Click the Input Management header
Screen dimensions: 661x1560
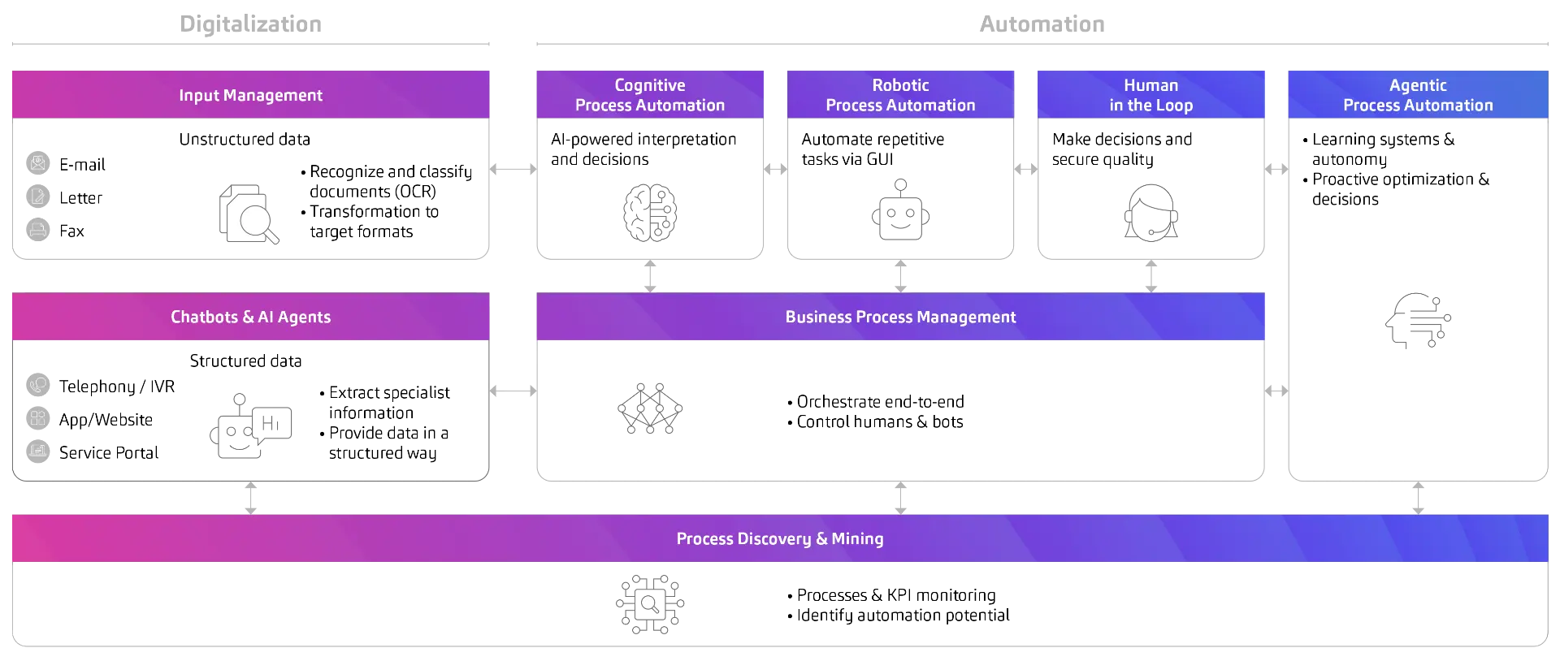pyautogui.click(x=250, y=95)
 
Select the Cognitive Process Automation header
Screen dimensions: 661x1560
pyautogui.click(x=649, y=95)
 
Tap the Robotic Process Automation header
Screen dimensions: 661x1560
pyautogui.click(x=900, y=95)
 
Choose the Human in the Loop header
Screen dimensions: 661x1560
pyautogui.click(x=1150, y=95)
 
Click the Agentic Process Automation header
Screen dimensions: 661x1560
pyautogui.click(x=1418, y=95)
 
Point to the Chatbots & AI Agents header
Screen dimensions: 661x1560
pyautogui.click(x=250, y=317)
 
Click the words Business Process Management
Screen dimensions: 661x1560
pyautogui.click(x=900, y=317)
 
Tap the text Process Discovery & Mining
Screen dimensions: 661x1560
pyautogui.click(x=779, y=538)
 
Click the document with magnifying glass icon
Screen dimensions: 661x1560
pyautogui.click(x=249, y=216)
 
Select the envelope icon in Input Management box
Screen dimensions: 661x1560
pyautogui.click(x=38, y=162)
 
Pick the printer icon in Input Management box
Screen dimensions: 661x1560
pyautogui.click(x=38, y=229)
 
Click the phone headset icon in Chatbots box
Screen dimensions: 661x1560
pyautogui.click(x=38, y=383)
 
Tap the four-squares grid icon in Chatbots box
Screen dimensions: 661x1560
pyautogui.click(x=38, y=417)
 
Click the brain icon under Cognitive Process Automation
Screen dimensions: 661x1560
pyautogui.click(x=649, y=213)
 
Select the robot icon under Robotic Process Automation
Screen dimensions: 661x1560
pyautogui.click(x=899, y=210)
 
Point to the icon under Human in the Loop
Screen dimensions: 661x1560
pyautogui.click(x=1152, y=214)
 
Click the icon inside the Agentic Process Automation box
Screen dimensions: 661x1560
pyautogui.click(x=1419, y=322)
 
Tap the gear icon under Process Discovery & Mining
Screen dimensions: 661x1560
pyautogui.click(x=649, y=603)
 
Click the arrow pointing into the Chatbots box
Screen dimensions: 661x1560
pyautogui.click(x=497, y=393)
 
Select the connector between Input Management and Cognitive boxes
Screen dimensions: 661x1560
pyautogui.click(x=513, y=169)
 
